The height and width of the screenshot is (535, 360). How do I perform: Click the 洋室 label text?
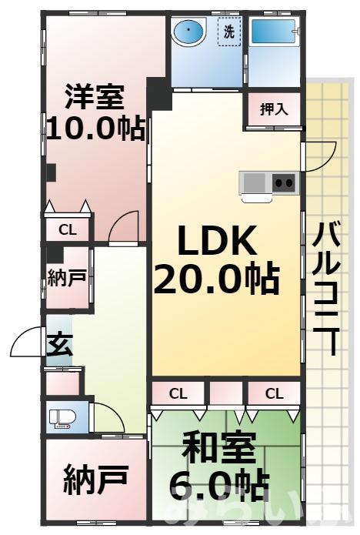(95, 98)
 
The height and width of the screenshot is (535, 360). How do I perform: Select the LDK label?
(217, 242)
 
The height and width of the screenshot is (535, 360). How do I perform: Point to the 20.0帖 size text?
(216, 278)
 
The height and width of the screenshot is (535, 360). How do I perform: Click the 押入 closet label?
(274, 109)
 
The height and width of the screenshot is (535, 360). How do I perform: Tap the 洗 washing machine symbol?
(229, 33)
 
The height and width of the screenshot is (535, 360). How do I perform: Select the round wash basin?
(188, 33)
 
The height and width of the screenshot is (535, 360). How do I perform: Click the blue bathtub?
(274, 34)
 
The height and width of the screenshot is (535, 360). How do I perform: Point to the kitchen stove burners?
(283, 182)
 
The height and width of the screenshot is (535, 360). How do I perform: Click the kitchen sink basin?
(254, 182)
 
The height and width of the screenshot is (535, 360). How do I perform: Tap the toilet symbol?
(62, 419)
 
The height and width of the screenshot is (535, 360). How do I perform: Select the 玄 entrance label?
(58, 344)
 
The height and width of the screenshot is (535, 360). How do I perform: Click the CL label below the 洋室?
(68, 229)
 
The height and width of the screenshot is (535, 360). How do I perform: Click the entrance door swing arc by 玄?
(28, 342)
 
